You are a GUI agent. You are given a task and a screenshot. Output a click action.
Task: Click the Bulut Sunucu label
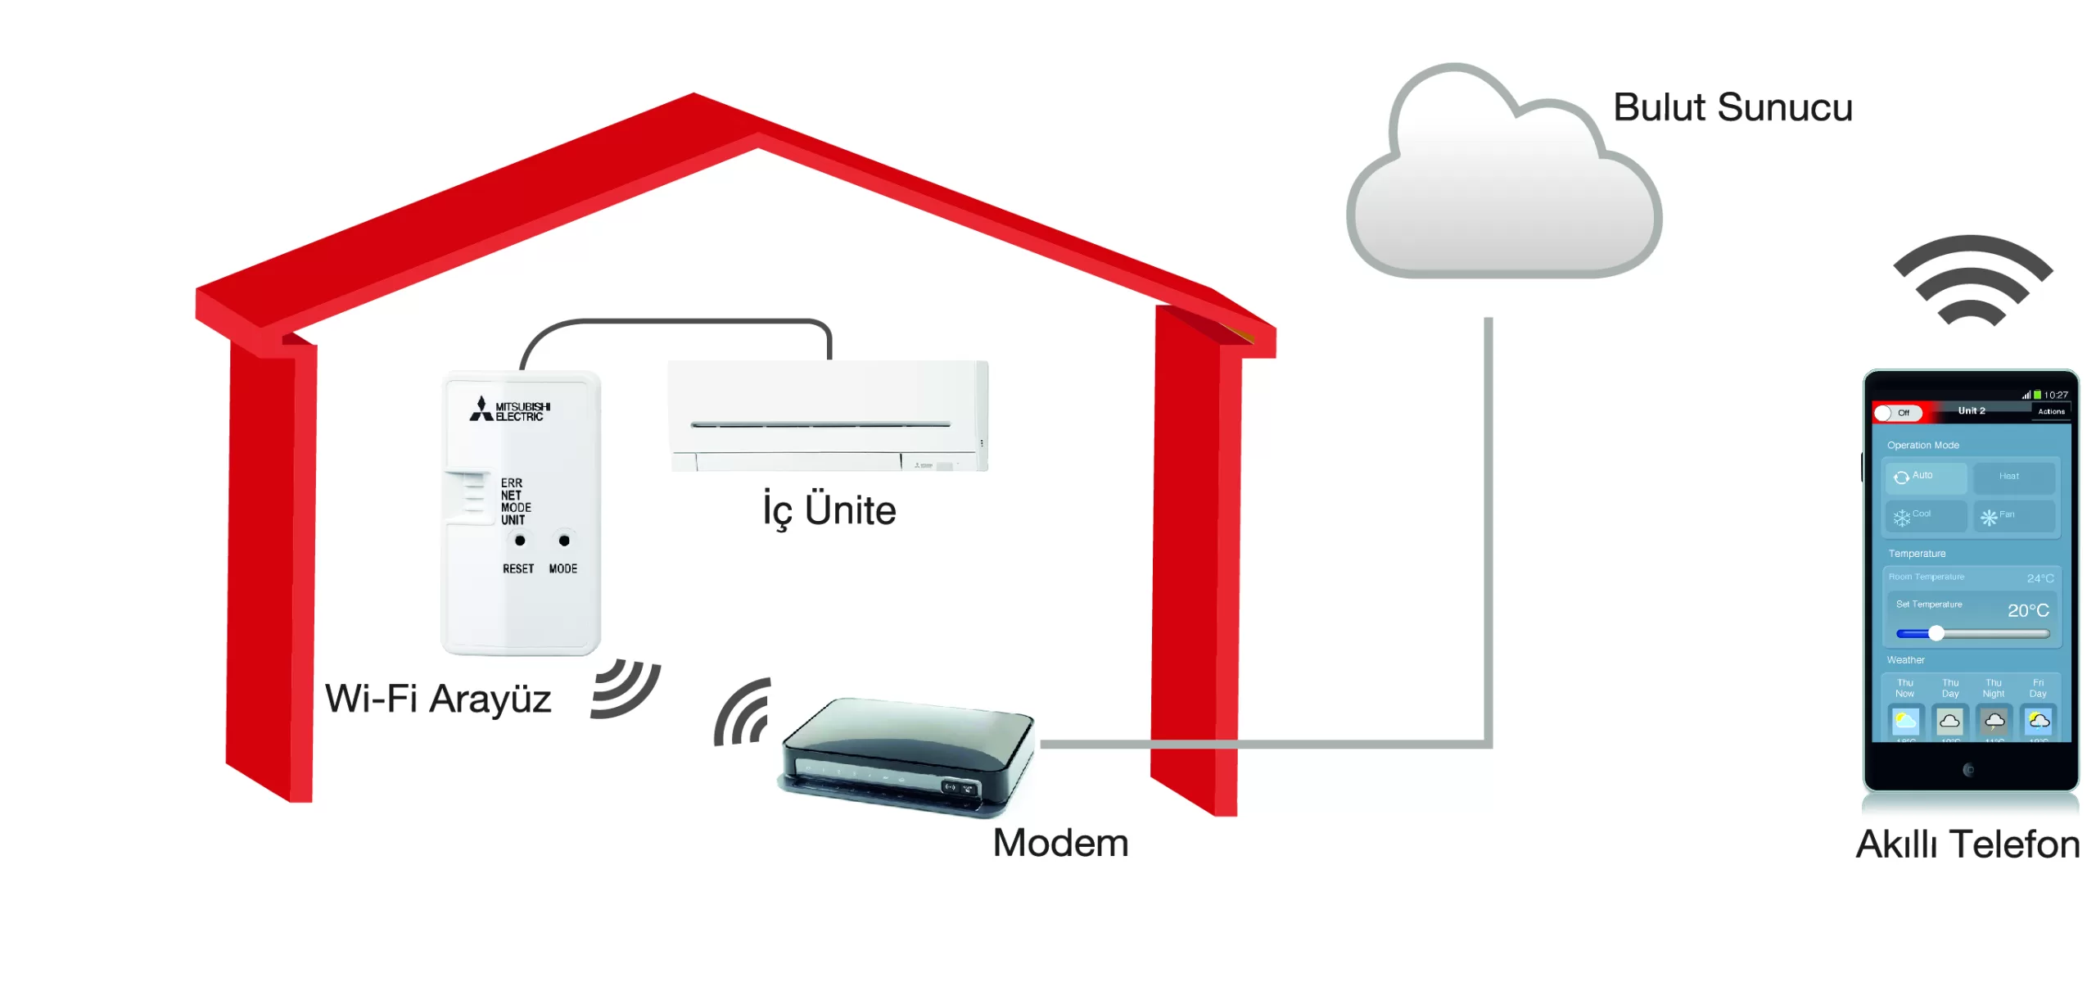[1732, 108]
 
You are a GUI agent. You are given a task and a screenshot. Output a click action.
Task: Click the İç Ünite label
[829, 510]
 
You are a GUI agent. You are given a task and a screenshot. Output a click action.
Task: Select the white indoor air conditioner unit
[828, 416]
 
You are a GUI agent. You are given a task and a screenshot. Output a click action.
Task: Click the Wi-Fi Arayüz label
[438, 699]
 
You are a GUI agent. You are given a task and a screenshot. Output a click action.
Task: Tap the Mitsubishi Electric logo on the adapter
[510, 410]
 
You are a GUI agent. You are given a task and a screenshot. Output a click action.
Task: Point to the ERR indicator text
[512, 483]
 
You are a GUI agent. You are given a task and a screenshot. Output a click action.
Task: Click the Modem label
[1060, 844]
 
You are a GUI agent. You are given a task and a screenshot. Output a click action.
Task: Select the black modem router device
[907, 755]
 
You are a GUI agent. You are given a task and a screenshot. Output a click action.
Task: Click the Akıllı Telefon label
[1967, 845]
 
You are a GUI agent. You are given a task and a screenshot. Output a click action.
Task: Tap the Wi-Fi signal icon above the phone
[1972, 281]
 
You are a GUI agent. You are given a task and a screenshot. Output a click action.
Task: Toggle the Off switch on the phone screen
[1897, 413]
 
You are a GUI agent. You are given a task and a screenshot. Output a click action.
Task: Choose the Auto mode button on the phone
[1925, 477]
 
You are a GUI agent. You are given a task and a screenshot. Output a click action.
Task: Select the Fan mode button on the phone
[2013, 516]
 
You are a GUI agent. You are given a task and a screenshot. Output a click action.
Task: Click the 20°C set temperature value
[2028, 610]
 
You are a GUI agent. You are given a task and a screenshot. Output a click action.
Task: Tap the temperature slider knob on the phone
[1936, 633]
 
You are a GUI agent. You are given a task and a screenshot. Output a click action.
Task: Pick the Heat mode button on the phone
[2013, 477]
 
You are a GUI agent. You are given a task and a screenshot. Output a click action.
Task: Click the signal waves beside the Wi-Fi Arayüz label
[625, 689]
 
